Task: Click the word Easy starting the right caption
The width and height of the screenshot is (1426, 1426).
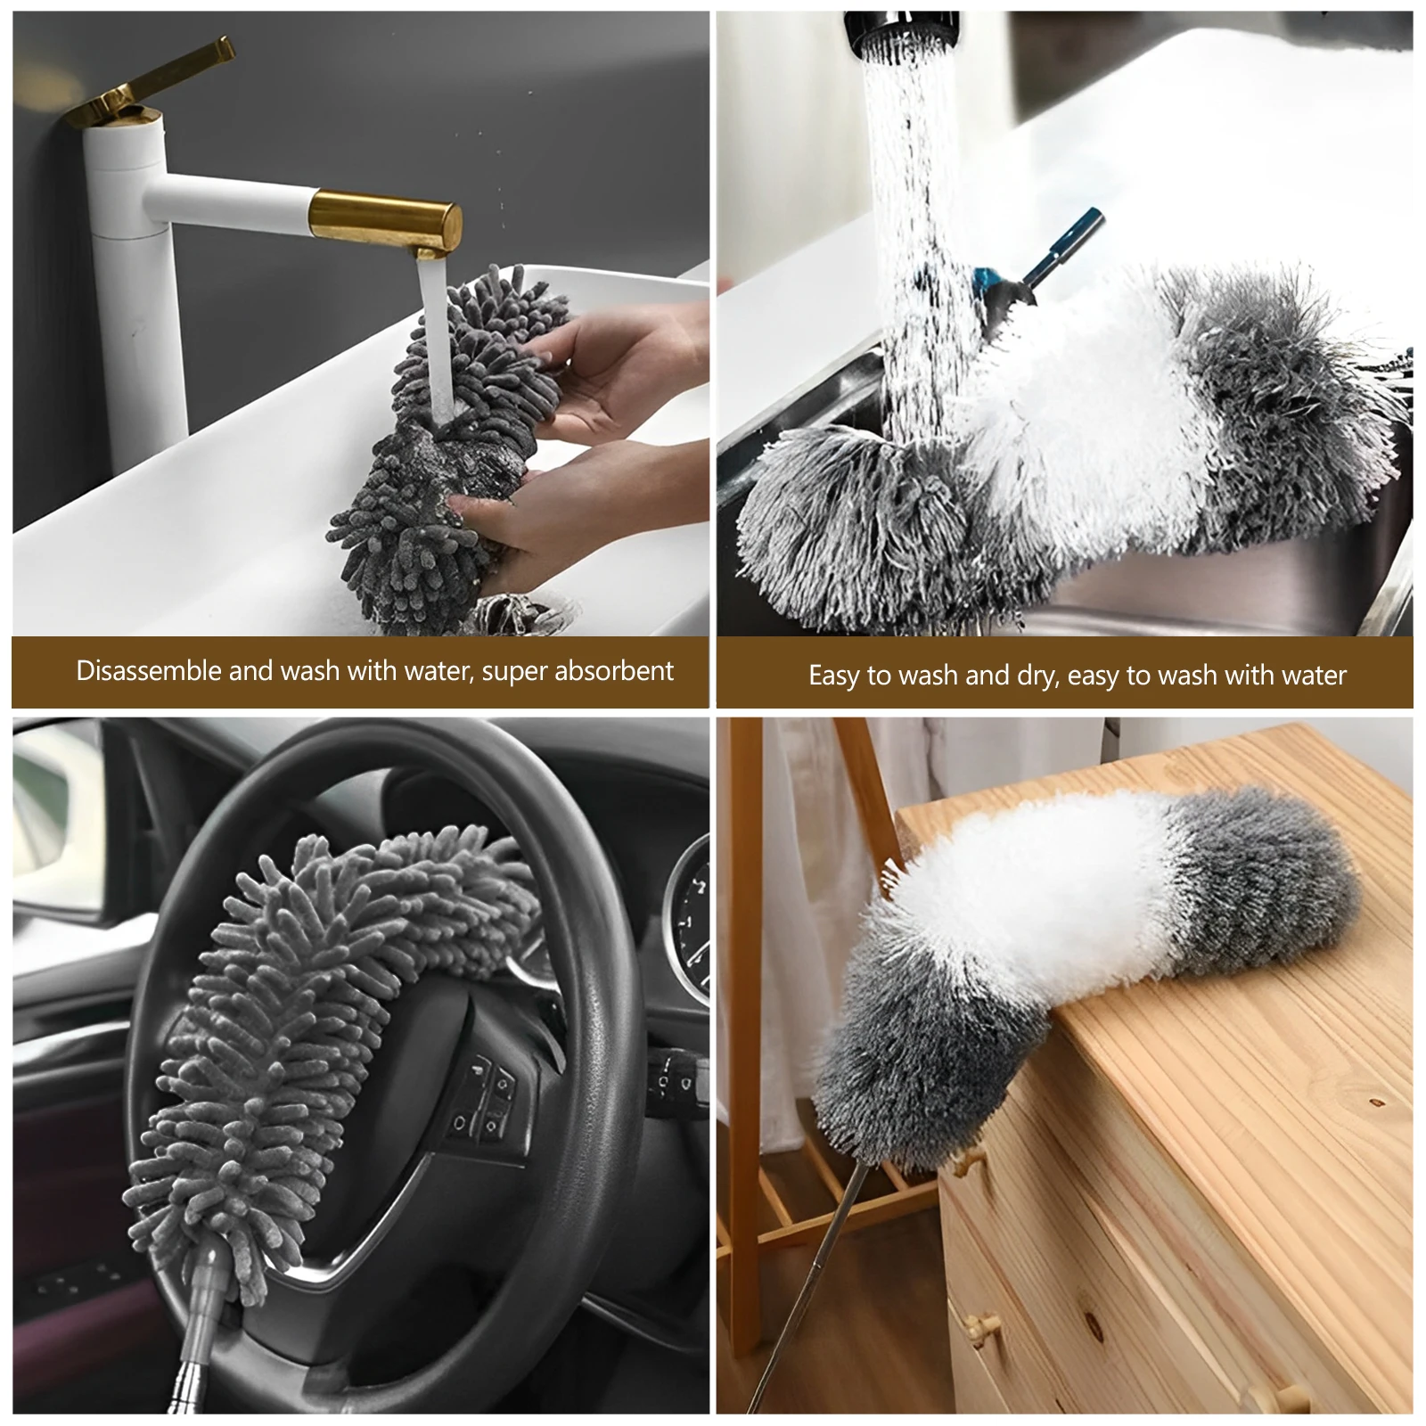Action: (834, 676)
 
